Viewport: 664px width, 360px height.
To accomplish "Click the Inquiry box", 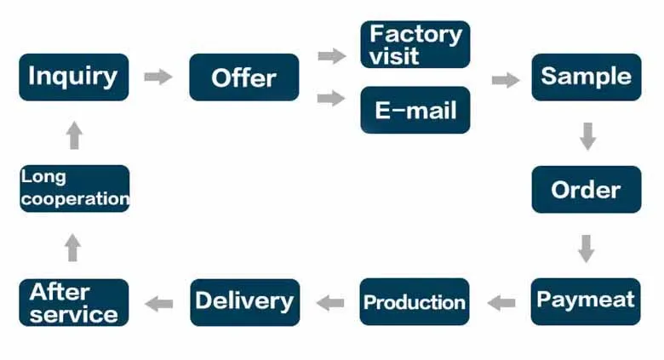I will (x=74, y=77).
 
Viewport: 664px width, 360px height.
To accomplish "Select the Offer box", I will (x=244, y=77).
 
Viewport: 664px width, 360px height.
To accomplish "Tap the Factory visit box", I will (x=415, y=45).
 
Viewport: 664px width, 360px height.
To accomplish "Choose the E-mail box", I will (x=415, y=110).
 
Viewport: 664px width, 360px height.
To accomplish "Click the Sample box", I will (x=587, y=77).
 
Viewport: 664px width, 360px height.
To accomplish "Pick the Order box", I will (x=587, y=189).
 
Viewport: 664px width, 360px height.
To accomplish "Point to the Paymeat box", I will (x=586, y=300).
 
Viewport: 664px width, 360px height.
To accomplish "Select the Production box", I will (x=415, y=301).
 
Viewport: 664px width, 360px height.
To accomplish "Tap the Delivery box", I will (x=244, y=301).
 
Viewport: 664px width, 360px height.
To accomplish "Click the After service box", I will (x=74, y=302).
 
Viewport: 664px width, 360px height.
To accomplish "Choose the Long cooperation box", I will (x=74, y=189).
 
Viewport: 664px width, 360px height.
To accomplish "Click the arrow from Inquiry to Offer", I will (x=157, y=77).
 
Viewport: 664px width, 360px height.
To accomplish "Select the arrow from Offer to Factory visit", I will (x=331, y=56).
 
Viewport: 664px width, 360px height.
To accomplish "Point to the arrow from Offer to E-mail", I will (x=331, y=99).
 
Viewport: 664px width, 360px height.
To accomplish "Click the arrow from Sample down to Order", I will (x=587, y=136).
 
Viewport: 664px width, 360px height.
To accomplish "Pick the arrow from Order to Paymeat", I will (x=586, y=248).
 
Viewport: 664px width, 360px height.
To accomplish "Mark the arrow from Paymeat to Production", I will (x=502, y=302).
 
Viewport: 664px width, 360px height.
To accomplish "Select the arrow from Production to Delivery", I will (x=330, y=302).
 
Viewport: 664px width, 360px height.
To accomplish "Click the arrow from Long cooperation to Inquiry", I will (x=74, y=135).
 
